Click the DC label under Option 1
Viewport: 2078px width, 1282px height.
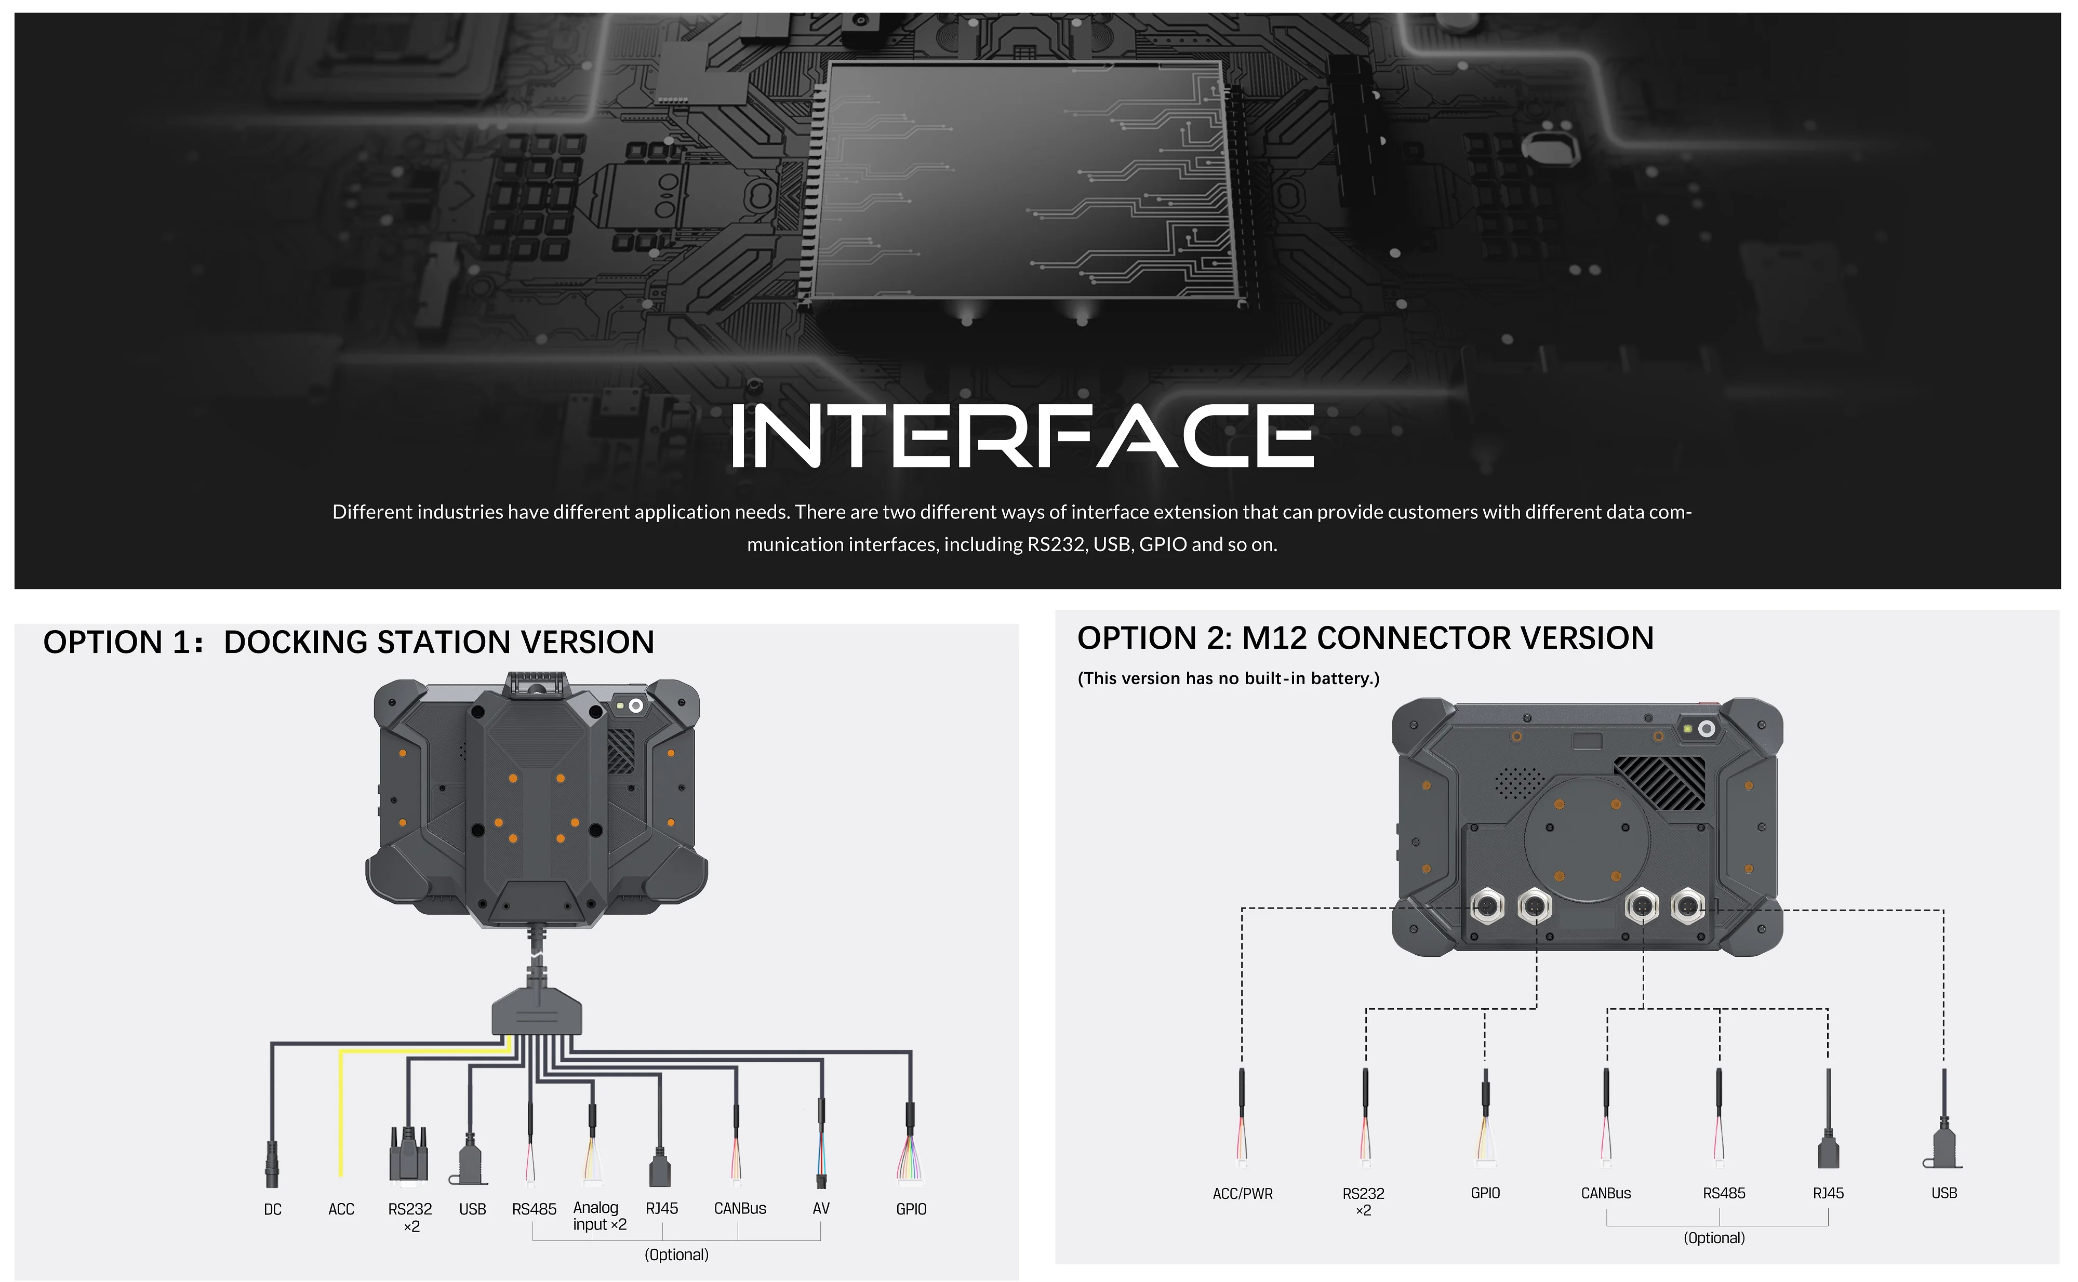click(x=272, y=1209)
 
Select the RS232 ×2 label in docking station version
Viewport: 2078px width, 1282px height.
click(x=410, y=1217)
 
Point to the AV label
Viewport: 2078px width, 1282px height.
click(x=821, y=1208)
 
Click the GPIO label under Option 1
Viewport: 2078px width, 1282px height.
click(x=911, y=1209)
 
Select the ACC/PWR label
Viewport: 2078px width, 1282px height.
click(x=1242, y=1194)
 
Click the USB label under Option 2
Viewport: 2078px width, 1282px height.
click(x=1943, y=1193)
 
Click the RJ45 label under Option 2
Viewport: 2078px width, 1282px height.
click(x=1828, y=1193)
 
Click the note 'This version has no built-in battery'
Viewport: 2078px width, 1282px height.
click(x=1228, y=678)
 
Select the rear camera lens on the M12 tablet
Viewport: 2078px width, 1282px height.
click(x=1706, y=729)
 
